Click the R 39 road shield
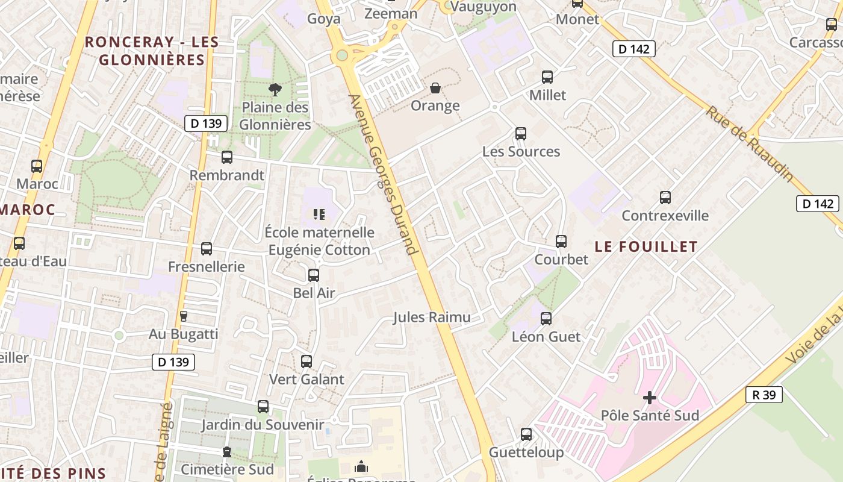(x=764, y=395)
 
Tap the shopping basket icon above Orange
(x=435, y=89)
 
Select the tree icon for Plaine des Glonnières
(x=275, y=90)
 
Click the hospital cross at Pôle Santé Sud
(x=650, y=398)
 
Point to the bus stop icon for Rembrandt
(x=227, y=157)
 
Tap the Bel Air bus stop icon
(x=314, y=275)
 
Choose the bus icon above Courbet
(x=561, y=242)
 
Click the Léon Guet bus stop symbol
(x=546, y=319)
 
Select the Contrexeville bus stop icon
(x=665, y=198)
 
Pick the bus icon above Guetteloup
(x=526, y=434)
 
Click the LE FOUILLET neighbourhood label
(x=646, y=246)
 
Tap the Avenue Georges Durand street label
(x=383, y=174)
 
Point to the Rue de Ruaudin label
(x=749, y=143)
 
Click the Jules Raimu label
(x=432, y=318)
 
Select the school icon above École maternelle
(x=319, y=214)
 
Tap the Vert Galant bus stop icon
(x=306, y=361)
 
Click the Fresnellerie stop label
(x=207, y=266)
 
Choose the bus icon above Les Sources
(x=521, y=134)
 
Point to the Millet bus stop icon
(x=547, y=77)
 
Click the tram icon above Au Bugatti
(x=184, y=316)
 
